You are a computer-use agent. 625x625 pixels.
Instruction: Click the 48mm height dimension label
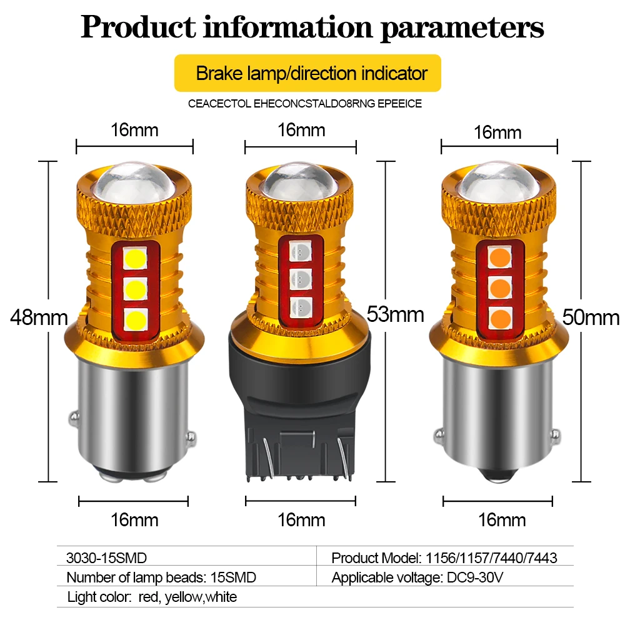pos(39,317)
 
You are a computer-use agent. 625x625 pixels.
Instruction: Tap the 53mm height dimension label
pos(395,314)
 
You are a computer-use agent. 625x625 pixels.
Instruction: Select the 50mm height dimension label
pos(591,317)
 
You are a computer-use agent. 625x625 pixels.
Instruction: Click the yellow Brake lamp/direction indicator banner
pos(307,73)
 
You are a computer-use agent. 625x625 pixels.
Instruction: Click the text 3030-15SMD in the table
pos(106,557)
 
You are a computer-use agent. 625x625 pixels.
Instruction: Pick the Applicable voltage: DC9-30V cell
pos(417,577)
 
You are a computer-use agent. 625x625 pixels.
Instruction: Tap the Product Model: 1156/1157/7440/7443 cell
pos(444,557)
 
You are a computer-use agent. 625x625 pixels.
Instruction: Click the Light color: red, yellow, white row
pos(152,597)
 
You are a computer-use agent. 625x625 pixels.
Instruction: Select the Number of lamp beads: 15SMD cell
pos(161,577)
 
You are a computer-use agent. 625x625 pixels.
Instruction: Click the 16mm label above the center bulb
pos(301,130)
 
